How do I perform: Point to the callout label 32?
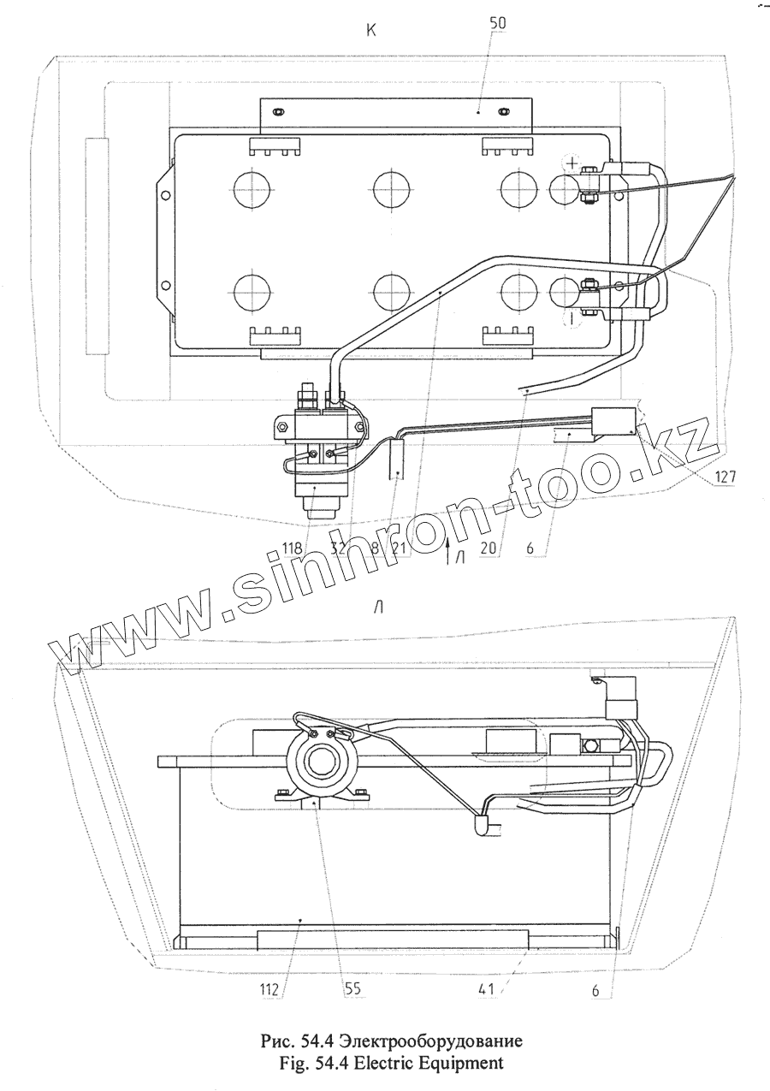pos(340,548)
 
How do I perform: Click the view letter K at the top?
pos(371,30)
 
